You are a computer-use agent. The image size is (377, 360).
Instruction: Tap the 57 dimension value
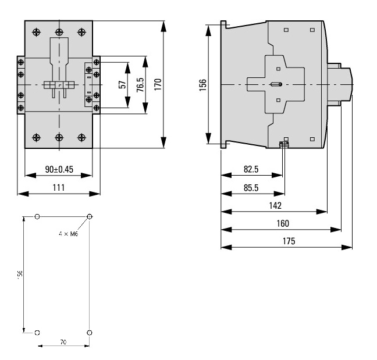click(x=122, y=84)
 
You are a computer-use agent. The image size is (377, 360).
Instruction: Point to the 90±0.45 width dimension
click(x=59, y=169)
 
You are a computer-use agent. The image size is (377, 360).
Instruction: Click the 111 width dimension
click(x=59, y=187)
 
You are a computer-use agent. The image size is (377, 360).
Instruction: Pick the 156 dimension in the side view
click(x=202, y=84)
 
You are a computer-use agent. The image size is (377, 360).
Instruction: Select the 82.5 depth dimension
click(x=251, y=169)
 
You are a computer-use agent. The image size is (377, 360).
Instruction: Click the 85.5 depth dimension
click(x=251, y=187)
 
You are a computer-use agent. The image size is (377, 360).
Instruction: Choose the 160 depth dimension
click(x=282, y=223)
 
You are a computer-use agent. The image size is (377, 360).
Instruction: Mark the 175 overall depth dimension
click(x=288, y=241)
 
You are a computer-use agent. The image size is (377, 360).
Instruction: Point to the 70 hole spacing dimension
click(x=63, y=342)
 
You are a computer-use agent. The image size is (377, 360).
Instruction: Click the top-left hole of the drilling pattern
click(x=38, y=217)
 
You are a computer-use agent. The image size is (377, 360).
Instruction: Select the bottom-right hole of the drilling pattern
click(x=89, y=333)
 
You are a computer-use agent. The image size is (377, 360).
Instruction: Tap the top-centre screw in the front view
click(x=59, y=32)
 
